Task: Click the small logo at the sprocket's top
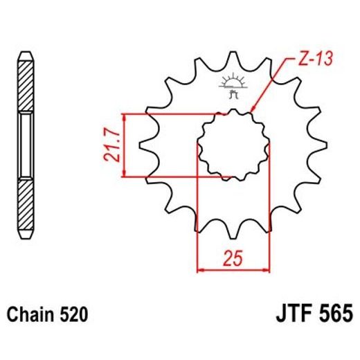233,84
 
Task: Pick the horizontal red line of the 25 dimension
233,268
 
